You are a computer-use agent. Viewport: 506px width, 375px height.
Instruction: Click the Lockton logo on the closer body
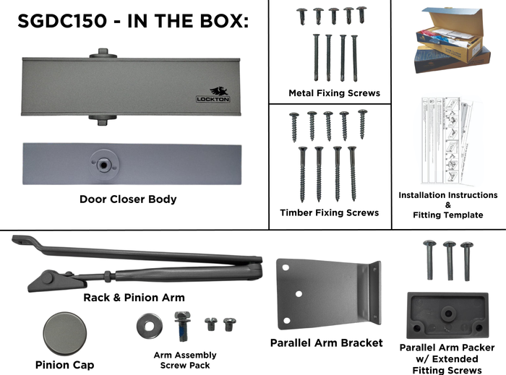(x=214, y=95)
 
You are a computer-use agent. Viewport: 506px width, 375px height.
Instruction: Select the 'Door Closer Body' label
(x=127, y=199)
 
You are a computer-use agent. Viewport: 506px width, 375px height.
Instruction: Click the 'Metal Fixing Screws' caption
(x=334, y=93)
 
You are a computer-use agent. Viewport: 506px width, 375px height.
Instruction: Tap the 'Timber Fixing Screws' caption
(x=329, y=212)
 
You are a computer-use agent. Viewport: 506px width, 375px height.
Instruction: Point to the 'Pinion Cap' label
(x=64, y=365)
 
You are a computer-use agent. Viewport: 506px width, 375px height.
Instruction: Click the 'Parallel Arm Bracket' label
(x=326, y=342)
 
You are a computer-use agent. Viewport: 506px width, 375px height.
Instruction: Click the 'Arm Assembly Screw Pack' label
(x=185, y=360)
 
